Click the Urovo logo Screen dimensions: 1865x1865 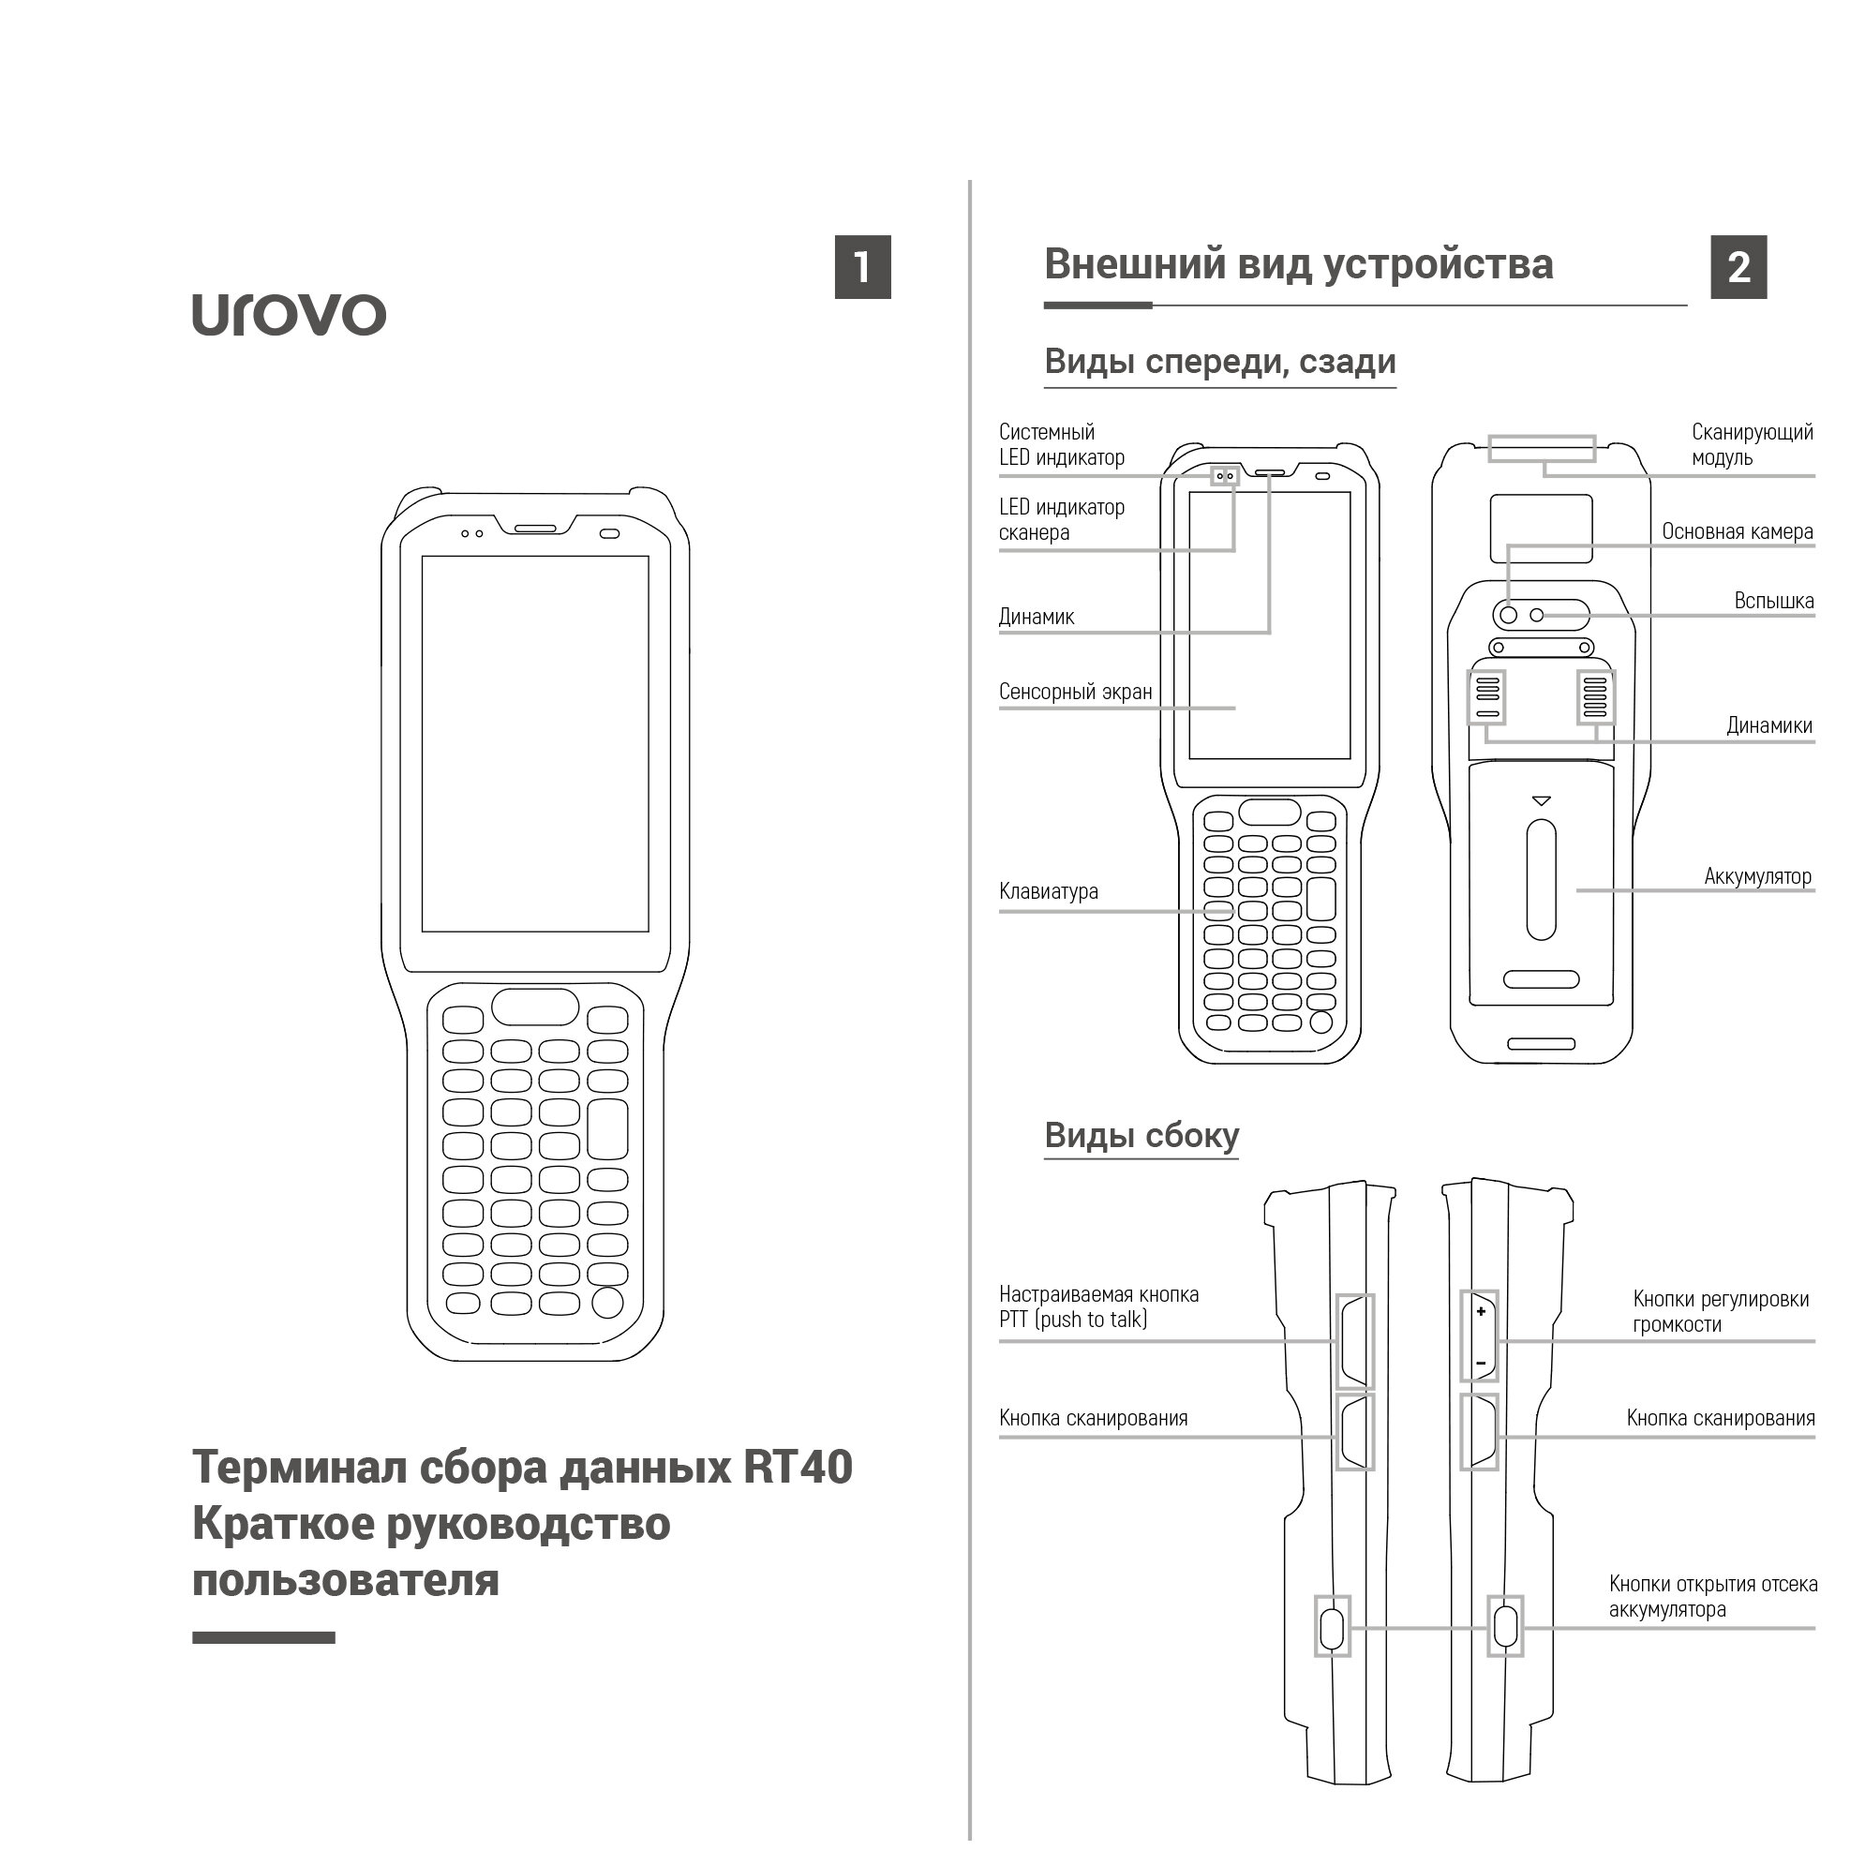pyautogui.click(x=289, y=315)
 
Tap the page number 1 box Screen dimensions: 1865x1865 pyautogui.click(x=862, y=267)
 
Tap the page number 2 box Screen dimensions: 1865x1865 pyautogui.click(x=1738, y=267)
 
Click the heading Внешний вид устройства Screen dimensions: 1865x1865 pyautogui.click(x=1298, y=264)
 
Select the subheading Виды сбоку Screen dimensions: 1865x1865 pyautogui.click(x=1141, y=1135)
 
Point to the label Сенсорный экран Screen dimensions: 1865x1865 pyautogui.click(x=1075, y=693)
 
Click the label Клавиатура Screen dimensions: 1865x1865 pyautogui.click(x=1049, y=892)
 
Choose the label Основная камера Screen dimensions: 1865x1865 pyautogui.click(x=1737, y=532)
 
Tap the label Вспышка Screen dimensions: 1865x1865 pyautogui.click(x=1773, y=602)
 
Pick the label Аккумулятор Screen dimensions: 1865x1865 pyautogui.click(x=1757, y=876)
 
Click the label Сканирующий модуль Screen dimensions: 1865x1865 pyautogui.click(x=1751, y=445)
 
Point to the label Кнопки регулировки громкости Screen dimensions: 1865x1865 pyautogui.click(x=1720, y=1312)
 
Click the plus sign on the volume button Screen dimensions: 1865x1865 pyautogui.click(x=1481, y=1311)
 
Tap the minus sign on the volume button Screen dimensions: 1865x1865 pyautogui.click(x=1481, y=1363)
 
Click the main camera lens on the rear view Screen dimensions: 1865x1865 pyautogui.click(x=1508, y=615)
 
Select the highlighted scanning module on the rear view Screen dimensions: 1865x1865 pyautogui.click(x=1541, y=449)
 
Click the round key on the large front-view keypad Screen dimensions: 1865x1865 pyautogui.click(x=607, y=1302)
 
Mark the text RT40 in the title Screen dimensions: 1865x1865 pyautogui.click(x=798, y=1468)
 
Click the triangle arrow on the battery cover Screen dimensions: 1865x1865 pyautogui.click(x=1541, y=801)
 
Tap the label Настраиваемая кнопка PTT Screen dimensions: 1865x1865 pyautogui.click(x=1098, y=1307)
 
